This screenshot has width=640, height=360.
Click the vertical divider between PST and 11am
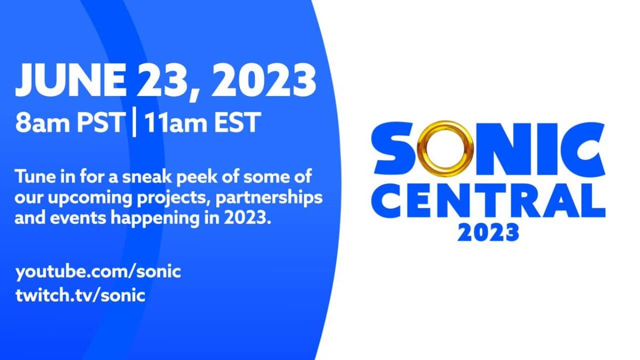[133, 122]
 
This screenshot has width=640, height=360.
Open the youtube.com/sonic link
[98, 273]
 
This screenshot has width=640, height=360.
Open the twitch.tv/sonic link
[80, 294]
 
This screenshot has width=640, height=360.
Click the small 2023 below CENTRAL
[488, 232]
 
